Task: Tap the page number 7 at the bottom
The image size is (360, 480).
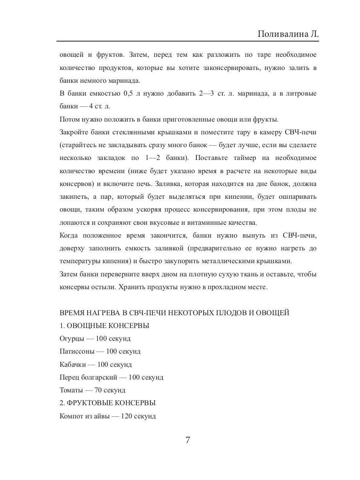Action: coord(188,440)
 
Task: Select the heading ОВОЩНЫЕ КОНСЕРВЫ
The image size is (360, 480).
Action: coord(108,326)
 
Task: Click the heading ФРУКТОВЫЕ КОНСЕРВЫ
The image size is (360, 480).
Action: coord(112,403)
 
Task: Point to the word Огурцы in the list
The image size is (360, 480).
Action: coord(72,339)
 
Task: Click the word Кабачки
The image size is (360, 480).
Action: coord(73,364)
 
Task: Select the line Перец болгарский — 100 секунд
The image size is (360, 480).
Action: coord(111,377)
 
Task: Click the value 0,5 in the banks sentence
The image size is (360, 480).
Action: coord(127,94)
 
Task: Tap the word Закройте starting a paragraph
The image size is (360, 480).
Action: coord(74,132)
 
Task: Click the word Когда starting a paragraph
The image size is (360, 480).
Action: coord(69,236)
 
